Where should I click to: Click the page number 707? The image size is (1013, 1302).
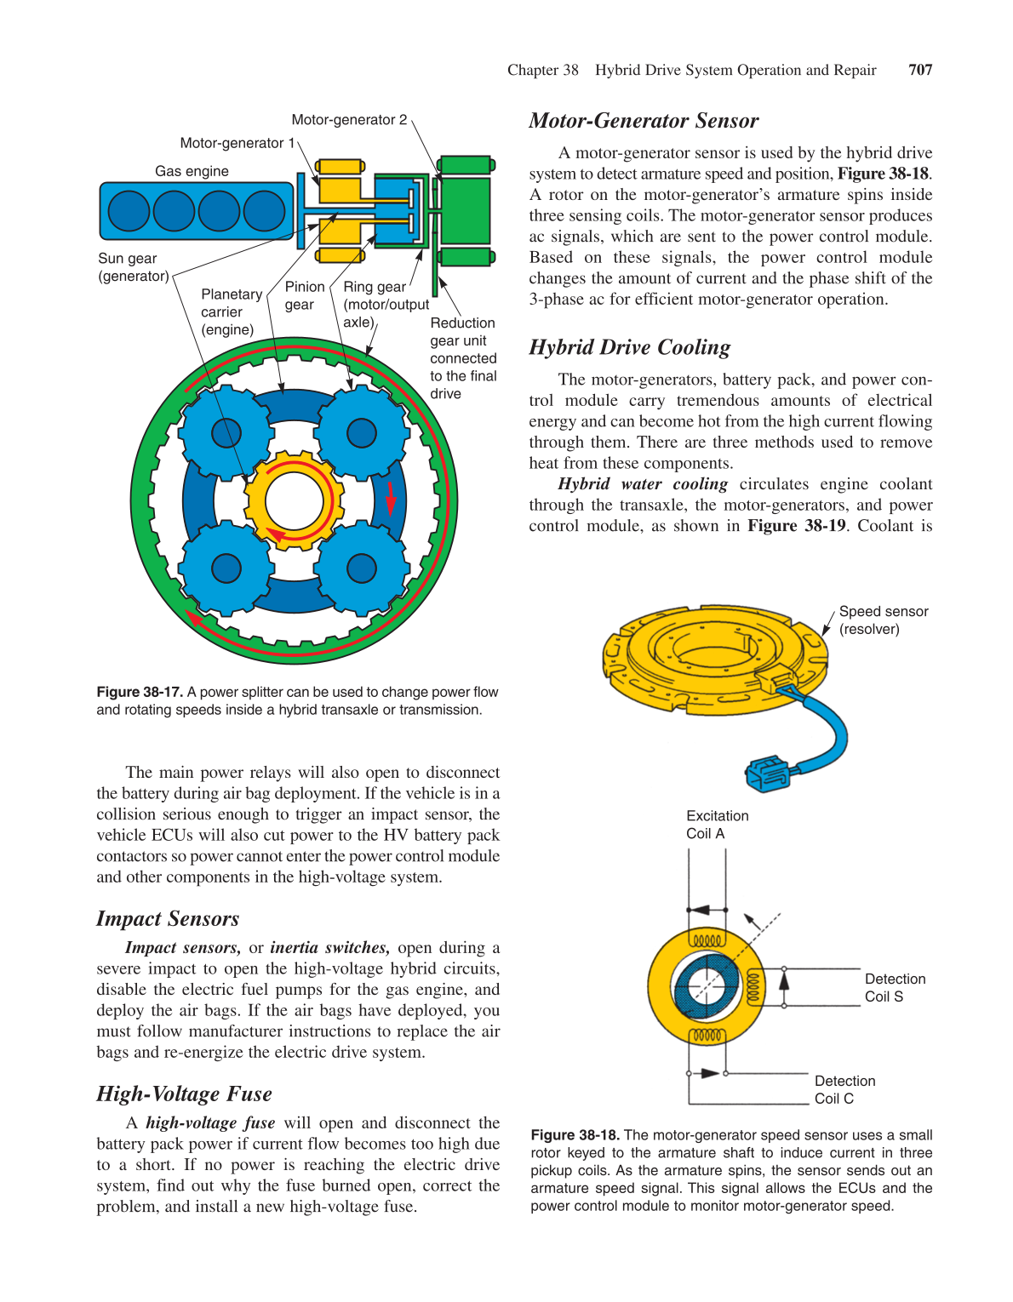(x=920, y=70)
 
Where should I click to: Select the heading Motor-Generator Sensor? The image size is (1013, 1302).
(x=644, y=121)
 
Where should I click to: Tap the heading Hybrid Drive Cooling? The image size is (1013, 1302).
(x=629, y=347)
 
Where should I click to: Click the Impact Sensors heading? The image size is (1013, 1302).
(x=168, y=919)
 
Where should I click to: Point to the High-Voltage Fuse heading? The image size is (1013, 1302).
(x=184, y=1094)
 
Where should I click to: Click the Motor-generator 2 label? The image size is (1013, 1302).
(x=349, y=120)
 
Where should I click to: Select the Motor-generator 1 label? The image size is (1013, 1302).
(x=237, y=143)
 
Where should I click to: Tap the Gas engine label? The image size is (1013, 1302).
(x=192, y=171)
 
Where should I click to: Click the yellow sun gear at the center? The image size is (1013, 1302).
(x=294, y=501)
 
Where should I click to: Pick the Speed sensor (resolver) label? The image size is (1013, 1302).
(x=883, y=620)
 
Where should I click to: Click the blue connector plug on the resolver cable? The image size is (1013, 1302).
(x=767, y=774)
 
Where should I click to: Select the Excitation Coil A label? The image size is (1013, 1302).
(x=717, y=825)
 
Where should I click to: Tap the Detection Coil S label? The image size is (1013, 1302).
(x=895, y=988)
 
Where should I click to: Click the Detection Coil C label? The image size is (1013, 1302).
(x=844, y=1090)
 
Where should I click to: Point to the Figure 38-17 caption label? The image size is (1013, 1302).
(x=140, y=692)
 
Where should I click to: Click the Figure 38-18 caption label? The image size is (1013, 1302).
(x=575, y=1135)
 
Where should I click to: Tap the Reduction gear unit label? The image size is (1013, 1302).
(x=463, y=358)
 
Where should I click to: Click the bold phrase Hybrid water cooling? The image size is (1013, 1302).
(x=643, y=484)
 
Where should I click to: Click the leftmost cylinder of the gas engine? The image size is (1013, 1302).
(x=129, y=211)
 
